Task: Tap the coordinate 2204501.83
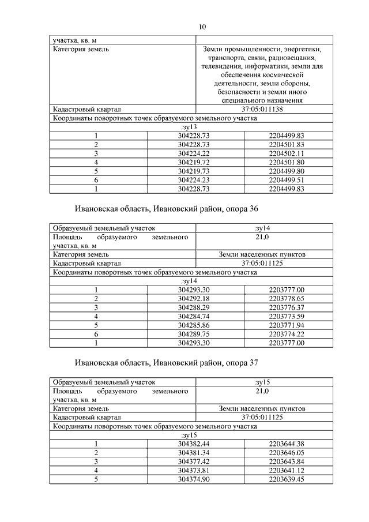286,145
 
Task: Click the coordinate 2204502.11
286,153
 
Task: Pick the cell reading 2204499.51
286,180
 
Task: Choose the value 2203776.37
286,307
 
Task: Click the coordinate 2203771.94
286,325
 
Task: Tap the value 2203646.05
286,453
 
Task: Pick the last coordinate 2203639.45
286,479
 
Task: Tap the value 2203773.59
286,317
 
